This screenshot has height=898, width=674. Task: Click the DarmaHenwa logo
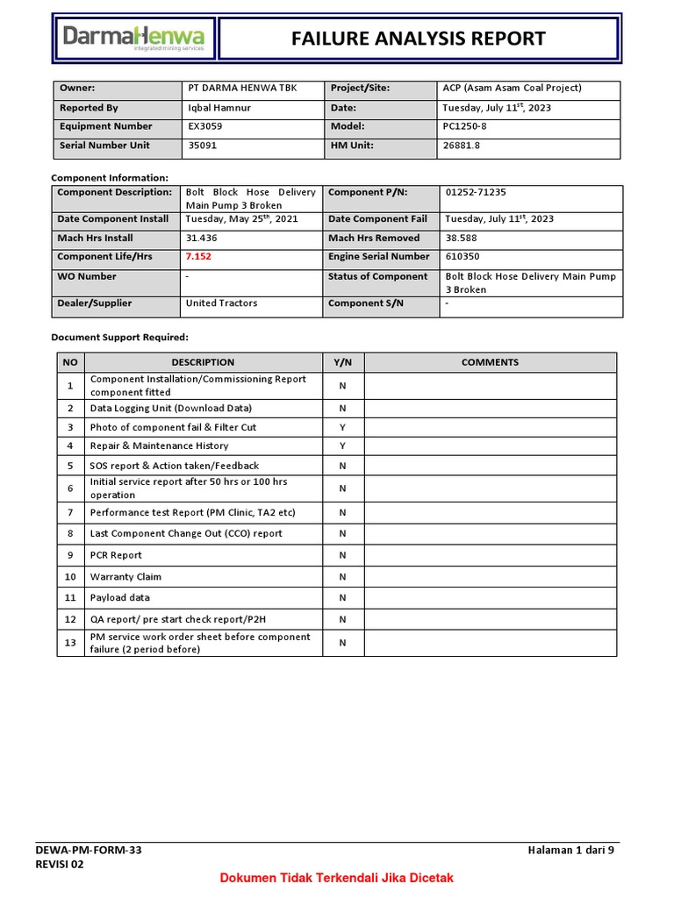133,38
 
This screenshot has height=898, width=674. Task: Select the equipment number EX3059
206,126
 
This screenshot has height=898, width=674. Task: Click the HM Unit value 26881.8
462,146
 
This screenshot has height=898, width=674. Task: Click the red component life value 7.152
198,257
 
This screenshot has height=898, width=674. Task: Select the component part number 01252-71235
476,192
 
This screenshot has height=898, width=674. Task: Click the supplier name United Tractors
221,303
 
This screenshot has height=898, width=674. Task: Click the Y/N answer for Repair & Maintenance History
343,446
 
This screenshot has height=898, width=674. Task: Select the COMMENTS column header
490,362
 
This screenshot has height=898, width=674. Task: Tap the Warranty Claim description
125,577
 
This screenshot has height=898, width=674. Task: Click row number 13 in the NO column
70,643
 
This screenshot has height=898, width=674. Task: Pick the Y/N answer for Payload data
343,598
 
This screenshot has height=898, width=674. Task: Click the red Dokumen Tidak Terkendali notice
336,878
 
